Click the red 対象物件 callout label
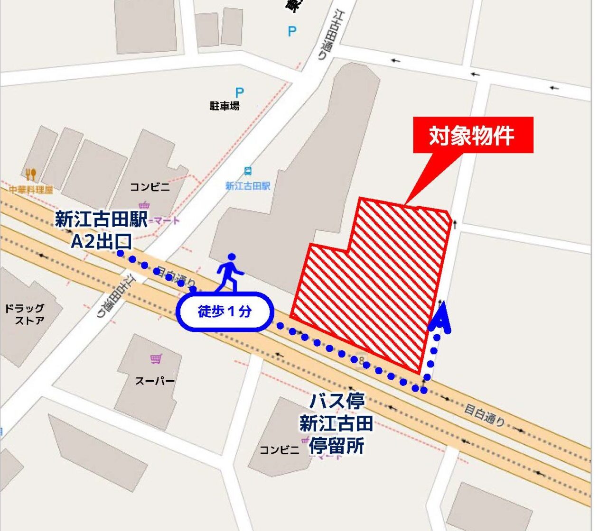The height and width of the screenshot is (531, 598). coord(473,135)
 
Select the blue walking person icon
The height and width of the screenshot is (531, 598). coord(230,272)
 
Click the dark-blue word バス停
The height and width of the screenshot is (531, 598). coord(337,401)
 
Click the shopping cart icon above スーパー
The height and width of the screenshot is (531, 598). coord(155,359)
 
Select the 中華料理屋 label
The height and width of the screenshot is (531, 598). coord(31,190)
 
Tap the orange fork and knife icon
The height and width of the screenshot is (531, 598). coord(31,174)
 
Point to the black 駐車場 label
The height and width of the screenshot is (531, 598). coord(224,106)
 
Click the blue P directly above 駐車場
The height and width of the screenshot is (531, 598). coord(240,92)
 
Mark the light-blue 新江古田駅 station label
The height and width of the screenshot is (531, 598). coord(248,186)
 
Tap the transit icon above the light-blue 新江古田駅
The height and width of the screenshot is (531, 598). coord(248,171)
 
